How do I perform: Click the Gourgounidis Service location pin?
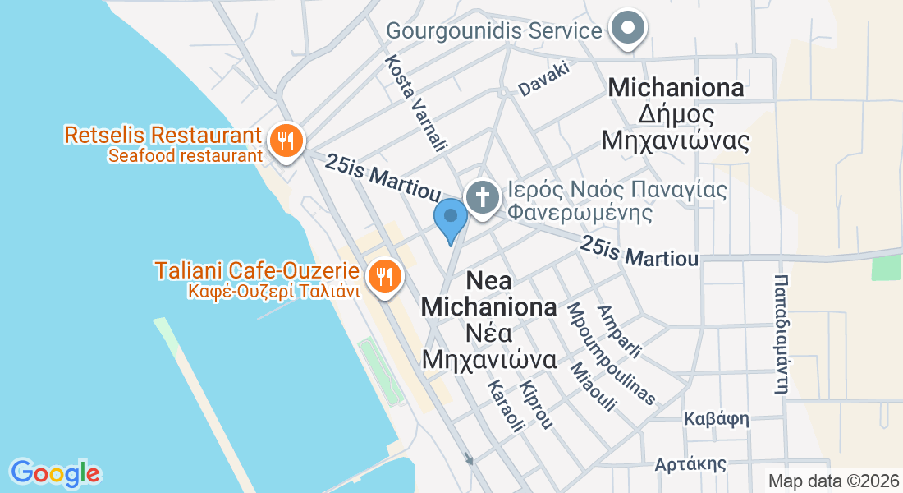pos(628,30)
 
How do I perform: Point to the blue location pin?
pos(450,219)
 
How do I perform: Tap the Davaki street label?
pos(544,80)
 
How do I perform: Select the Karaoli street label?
pos(505,406)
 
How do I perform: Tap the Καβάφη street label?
pos(717,419)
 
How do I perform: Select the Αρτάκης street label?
pos(690,464)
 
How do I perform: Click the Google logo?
pos(55,472)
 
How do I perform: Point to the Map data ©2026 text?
pos(832,481)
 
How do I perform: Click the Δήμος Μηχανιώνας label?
pos(676,127)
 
